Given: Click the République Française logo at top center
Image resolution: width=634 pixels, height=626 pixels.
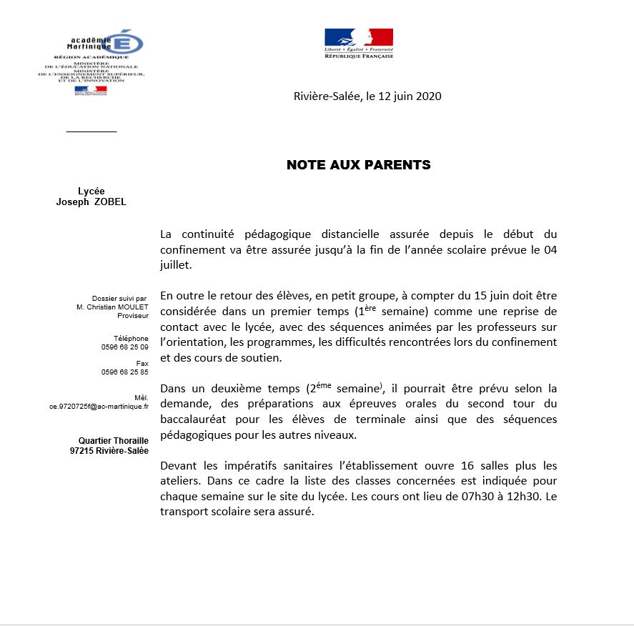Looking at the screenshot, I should click(x=359, y=43).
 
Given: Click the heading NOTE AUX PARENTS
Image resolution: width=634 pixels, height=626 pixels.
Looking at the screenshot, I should click(x=358, y=165).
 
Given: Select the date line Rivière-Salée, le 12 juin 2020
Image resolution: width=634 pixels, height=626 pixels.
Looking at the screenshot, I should click(x=367, y=96).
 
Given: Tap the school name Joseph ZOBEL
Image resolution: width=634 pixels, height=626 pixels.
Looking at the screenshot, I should click(x=91, y=202).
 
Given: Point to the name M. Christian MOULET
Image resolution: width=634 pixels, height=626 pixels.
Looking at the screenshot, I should click(x=112, y=307).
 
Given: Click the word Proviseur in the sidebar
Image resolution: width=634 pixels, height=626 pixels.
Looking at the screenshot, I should click(x=133, y=315).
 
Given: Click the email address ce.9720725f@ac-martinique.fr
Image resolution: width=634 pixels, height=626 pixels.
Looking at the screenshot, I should click(x=99, y=406).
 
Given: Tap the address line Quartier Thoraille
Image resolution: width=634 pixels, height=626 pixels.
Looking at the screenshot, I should click(x=114, y=442).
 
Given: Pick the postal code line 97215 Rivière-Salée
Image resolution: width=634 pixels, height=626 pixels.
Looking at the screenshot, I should click(x=109, y=451).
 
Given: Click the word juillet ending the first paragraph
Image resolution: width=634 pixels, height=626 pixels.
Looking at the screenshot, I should click(x=177, y=264).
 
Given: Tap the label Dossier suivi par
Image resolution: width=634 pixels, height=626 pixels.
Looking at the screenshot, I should click(x=119, y=298).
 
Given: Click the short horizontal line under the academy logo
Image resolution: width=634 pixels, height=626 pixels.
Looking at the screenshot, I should click(x=91, y=131).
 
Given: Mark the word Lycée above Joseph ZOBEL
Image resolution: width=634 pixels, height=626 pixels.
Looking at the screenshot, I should click(x=91, y=191).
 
